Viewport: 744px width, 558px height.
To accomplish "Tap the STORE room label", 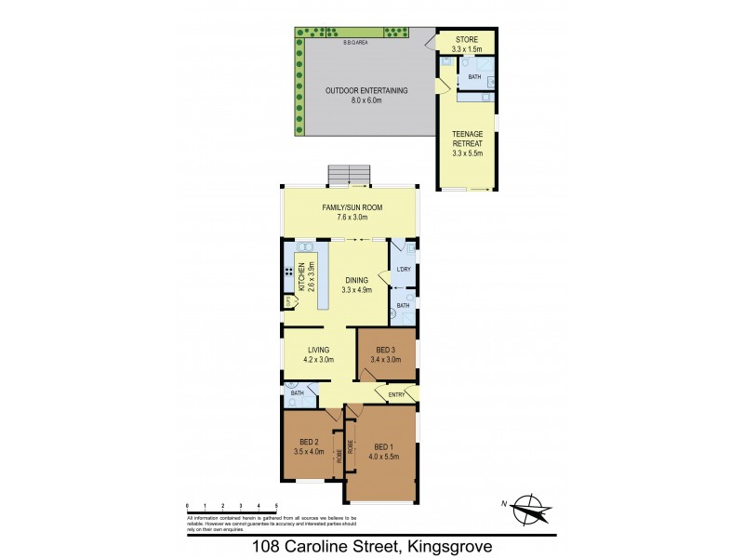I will point(465,39).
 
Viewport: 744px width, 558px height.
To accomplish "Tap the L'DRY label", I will point(403,271).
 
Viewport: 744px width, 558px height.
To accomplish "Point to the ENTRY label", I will point(395,395).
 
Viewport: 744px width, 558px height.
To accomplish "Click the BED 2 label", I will point(311,442).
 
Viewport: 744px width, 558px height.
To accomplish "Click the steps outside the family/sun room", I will point(350,176).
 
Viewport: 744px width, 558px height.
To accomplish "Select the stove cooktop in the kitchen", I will point(289,274).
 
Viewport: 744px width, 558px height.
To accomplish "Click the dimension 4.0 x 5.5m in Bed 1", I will point(384,456).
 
